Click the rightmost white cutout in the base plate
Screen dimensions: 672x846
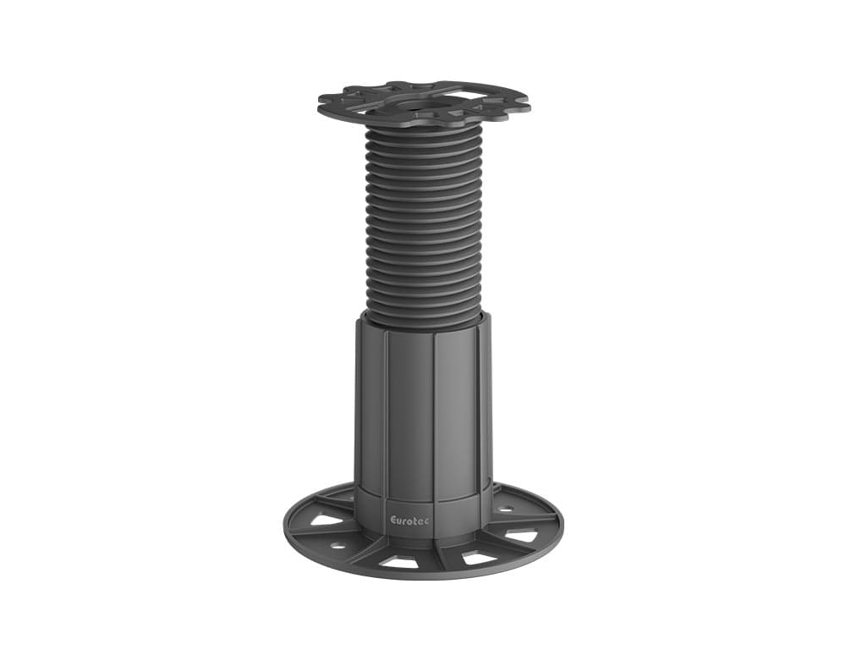[522, 535]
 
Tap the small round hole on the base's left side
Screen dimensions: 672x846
[337, 546]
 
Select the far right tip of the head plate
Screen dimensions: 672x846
[530, 107]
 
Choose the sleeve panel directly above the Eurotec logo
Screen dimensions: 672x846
[410, 423]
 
